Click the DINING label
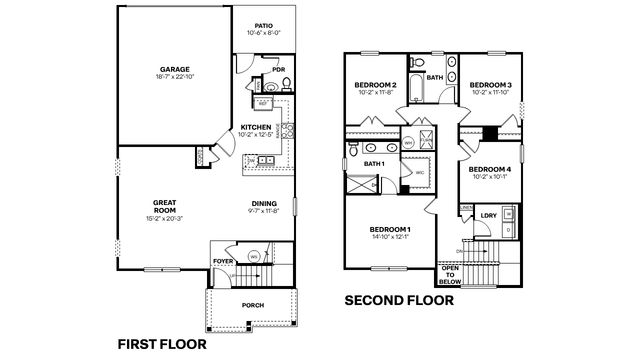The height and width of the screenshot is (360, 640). [264, 205]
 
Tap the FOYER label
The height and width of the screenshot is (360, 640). [223, 262]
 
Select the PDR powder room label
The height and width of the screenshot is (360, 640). [278, 70]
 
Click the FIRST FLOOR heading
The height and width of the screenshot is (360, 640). [162, 343]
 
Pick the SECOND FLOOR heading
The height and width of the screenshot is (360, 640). [400, 299]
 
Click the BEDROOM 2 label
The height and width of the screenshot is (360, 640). [376, 86]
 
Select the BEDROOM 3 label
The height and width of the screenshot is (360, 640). [490, 86]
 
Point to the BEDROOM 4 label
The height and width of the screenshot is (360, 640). [490, 169]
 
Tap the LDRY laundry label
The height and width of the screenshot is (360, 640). [488, 215]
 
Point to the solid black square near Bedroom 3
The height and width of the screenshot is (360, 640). [490, 133]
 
